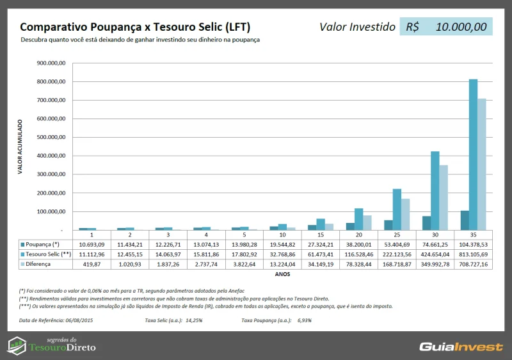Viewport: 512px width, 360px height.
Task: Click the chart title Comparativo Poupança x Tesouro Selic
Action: point(135,27)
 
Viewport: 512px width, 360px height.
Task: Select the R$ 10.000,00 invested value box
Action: point(446,27)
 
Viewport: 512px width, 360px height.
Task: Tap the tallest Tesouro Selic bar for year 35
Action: point(473,154)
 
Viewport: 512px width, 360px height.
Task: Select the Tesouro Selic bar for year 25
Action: point(397,209)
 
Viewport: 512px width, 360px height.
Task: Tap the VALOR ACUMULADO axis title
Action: point(20,147)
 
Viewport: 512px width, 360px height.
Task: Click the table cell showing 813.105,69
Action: point(474,254)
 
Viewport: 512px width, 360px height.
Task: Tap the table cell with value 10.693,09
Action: point(92,245)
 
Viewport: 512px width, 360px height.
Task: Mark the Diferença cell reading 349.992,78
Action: point(435,264)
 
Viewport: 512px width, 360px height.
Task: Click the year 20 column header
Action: point(358,235)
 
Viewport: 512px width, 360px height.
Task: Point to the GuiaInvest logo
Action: point(461,347)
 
